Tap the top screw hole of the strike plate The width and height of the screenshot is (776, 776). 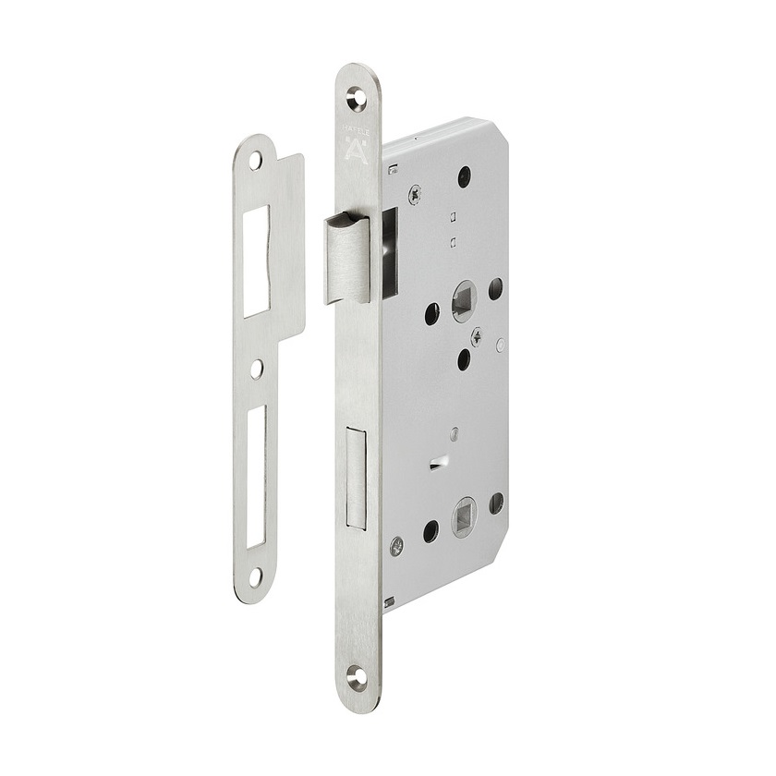(x=255, y=160)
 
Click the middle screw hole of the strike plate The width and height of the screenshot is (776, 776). (x=257, y=369)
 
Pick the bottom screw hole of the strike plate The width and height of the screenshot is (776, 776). (x=255, y=575)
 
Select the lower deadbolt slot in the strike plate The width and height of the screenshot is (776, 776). (x=256, y=471)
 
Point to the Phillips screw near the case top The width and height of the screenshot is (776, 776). (x=415, y=194)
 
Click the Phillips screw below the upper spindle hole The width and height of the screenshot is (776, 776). (x=476, y=335)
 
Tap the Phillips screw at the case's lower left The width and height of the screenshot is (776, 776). (x=396, y=545)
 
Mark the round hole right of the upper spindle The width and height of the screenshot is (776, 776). (x=495, y=286)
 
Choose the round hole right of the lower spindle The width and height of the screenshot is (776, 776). (x=496, y=503)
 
